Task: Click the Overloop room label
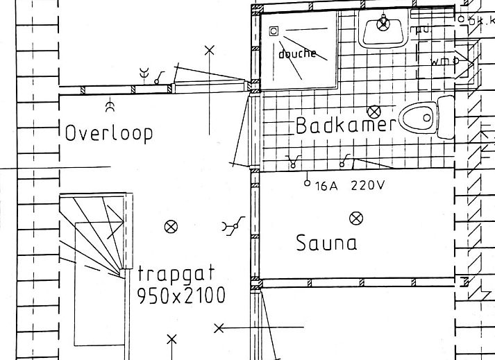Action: [x=108, y=132]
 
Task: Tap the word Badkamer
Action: [x=345, y=126]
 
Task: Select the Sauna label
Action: [x=326, y=243]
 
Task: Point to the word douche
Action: [x=297, y=53]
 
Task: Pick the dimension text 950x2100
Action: [x=181, y=295]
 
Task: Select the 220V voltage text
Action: [x=367, y=186]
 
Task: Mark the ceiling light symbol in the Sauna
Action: [x=356, y=218]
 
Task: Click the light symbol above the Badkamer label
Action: [x=375, y=111]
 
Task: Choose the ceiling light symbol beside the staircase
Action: [x=170, y=226]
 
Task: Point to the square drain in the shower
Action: [x=274, y=31]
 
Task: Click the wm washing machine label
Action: [x=439, y=62]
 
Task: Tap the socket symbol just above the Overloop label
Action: [x=109, y=107]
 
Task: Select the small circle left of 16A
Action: [x=307, y=184]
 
